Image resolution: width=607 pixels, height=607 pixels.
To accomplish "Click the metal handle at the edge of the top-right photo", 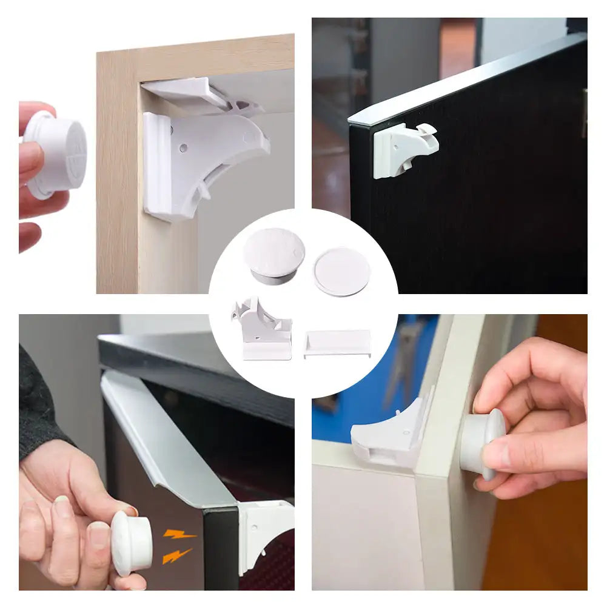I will click(584, 112).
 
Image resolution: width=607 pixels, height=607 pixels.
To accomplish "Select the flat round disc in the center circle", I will click(341, 271).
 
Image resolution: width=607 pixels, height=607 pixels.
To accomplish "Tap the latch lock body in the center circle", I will click(261, 330).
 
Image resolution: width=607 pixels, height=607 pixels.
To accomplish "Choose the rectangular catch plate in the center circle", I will click(337, 343).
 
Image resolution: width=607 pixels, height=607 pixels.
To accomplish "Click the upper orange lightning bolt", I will click(180, 534).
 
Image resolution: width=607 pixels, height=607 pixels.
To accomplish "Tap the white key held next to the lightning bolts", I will click(130, 543).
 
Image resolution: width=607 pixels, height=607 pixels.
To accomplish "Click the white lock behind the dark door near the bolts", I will click(264, 534).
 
